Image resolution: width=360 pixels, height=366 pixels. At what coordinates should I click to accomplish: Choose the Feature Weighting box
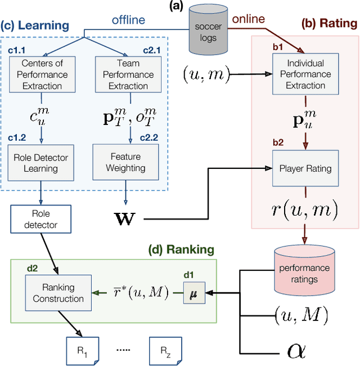125,162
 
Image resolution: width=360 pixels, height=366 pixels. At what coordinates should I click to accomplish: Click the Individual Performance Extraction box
305,74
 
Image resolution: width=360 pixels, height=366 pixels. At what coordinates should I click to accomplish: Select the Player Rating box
305,167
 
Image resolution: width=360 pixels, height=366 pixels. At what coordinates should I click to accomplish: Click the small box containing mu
192,294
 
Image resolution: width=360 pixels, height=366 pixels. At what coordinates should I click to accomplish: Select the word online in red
248,19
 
